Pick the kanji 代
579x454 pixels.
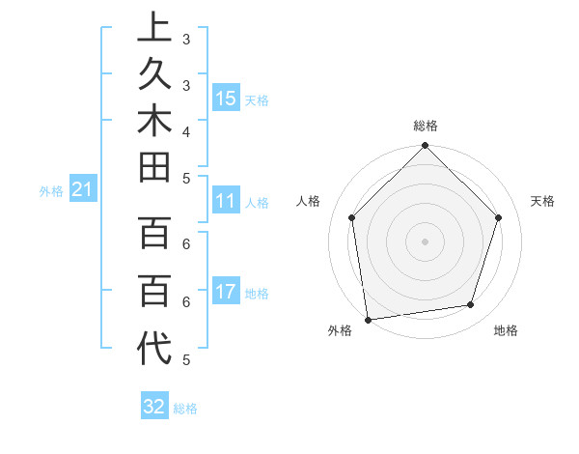pyautogui.click(x=154, y=349)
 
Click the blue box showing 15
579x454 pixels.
pyautogui.click(x=226, y=98)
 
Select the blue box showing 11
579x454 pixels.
pyautogui.click(x=226, y=201)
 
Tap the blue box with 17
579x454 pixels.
pyautogui.click(x=226, y=292)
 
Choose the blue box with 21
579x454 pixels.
pyautogui.click(x=82, y=190)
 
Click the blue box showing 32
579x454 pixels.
pyautogui.click(x=154, y=407)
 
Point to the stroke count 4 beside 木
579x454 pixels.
pyautogui.click(x=185, y=130)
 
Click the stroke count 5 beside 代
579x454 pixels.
pyautogui.click(x=185, y=359)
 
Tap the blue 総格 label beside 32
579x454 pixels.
pyautogui.click(x=185, y=409)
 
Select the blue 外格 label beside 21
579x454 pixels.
pyautogui.click(x=50, y=191)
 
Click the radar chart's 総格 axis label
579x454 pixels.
pyautogui.click(x=426, y=126)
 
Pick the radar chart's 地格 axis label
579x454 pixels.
pyautogui.click(x=506, y=330)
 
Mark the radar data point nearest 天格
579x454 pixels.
pyautogui.click(x=499, y=217)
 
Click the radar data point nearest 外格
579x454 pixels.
pyautogui.click(x=368, y=319)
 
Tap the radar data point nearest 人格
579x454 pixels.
pyautogui.click(x=352, y=217)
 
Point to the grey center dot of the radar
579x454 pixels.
pyautogui.click(x=426, y=241)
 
